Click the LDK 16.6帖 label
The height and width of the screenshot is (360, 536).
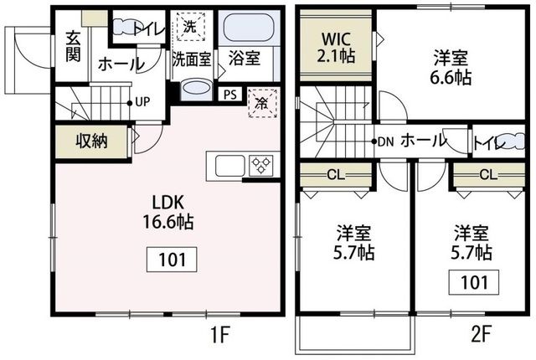(x=173, y=212)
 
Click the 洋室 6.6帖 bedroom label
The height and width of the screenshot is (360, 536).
(x=451, y=68)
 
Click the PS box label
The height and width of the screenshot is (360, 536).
(x=229, y=94)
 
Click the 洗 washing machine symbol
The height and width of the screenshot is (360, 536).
(x=190, y=27)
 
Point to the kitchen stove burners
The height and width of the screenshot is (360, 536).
(x=260, y=164)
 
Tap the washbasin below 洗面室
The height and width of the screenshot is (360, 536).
(x=196, y=89)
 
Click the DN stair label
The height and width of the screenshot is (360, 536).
(x=385, y=141)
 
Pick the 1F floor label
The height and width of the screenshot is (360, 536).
(x=219, y=336)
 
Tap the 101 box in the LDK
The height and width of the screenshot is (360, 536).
(x=173, y=260)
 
